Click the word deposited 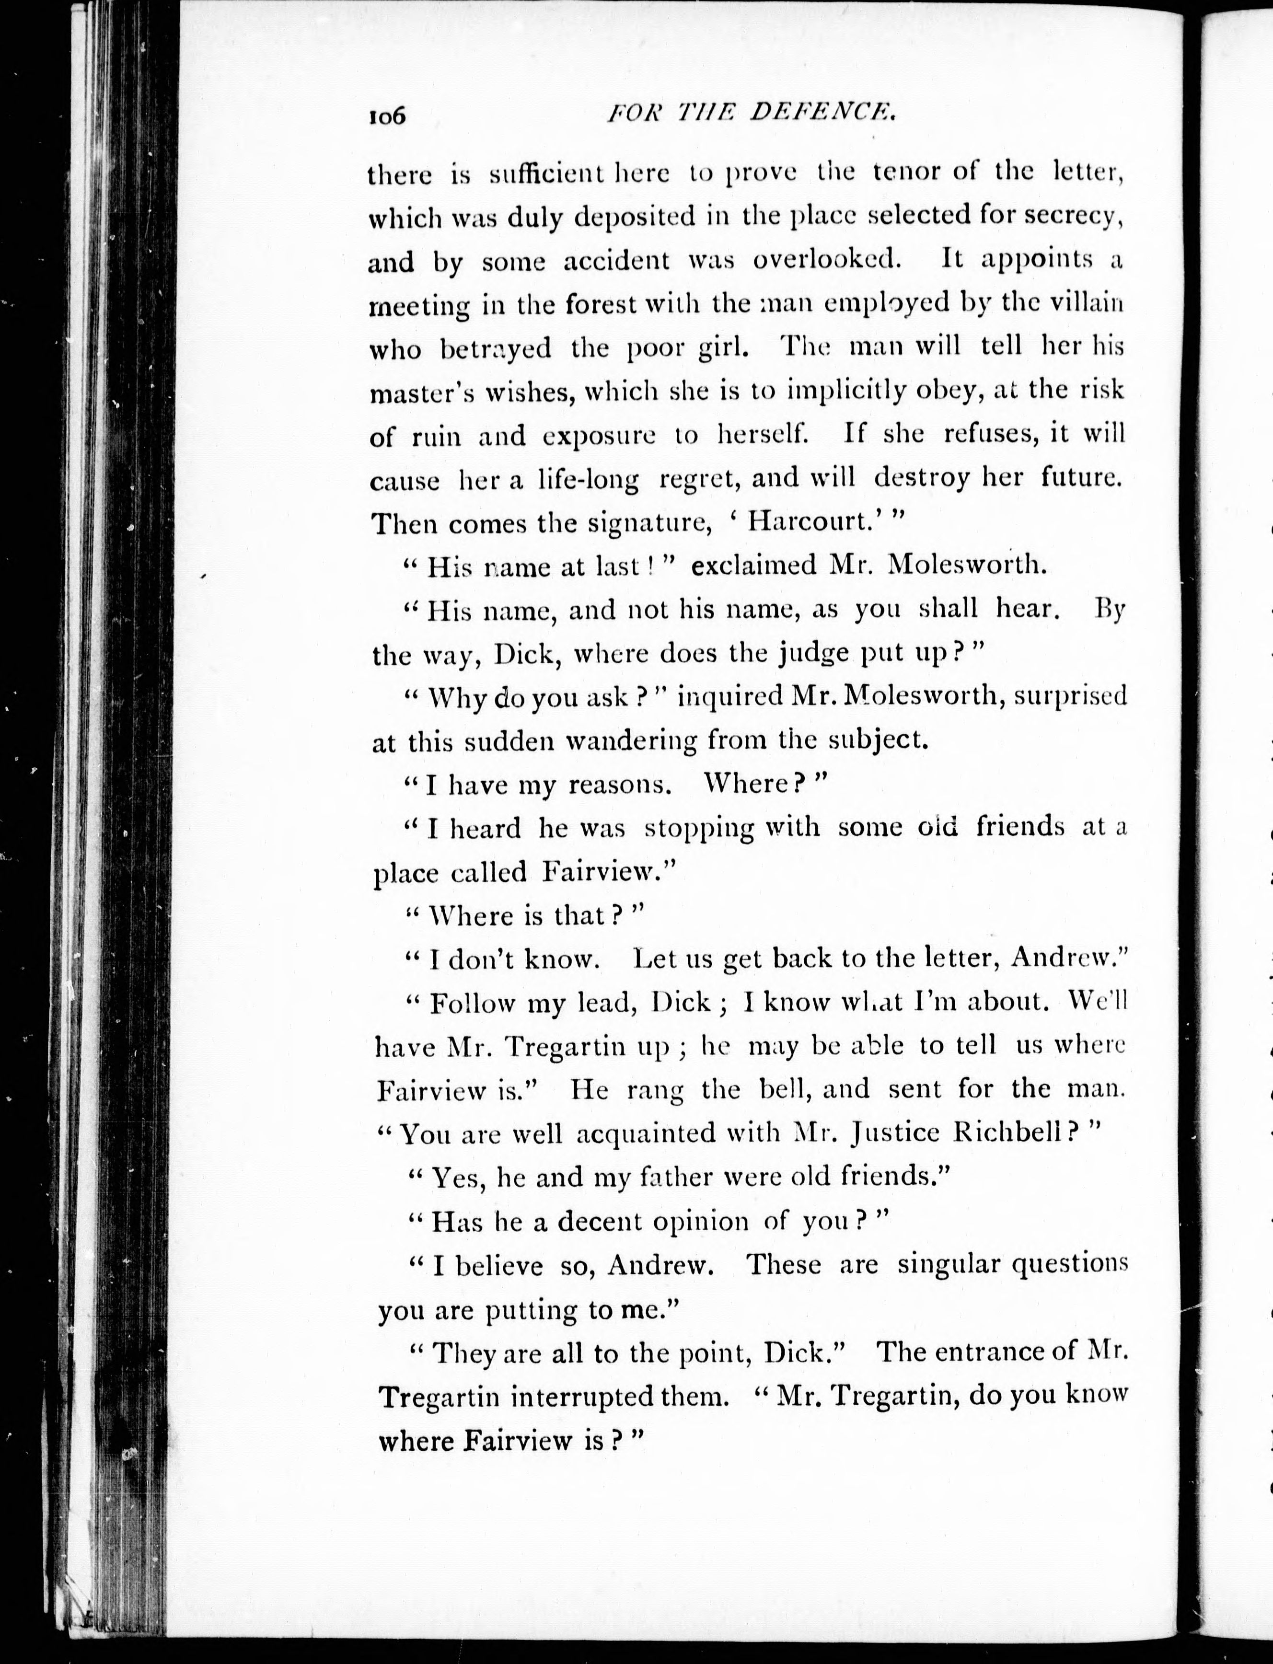(634, 218)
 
